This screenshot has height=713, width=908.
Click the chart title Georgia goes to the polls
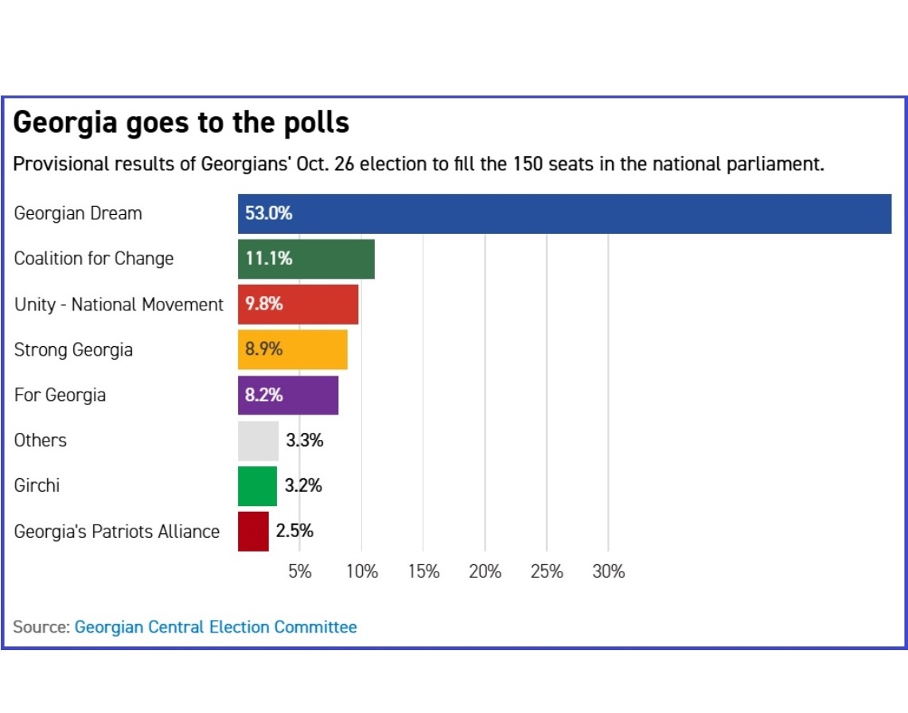[181, 123]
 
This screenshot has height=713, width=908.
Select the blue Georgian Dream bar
[564, 213]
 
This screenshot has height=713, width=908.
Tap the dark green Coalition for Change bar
[306, 259]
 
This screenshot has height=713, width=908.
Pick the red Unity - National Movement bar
[298, 304]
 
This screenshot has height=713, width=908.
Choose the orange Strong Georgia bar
[293, 349]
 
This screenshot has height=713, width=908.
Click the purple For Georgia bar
[288, 395]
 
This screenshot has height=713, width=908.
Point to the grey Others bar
[259, 441]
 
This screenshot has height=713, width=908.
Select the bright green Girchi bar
[258, 486]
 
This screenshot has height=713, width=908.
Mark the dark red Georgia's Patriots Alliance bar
[253, 532]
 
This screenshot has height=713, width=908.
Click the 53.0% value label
[268, 213]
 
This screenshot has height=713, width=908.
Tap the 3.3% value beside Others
[305, 441]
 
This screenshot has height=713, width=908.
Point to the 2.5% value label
[294, 532]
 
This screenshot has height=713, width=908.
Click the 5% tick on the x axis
[299, 571]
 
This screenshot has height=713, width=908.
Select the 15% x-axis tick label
[423, 571]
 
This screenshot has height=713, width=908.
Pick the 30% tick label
[609, 571]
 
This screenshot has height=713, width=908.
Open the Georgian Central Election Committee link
[216, 627]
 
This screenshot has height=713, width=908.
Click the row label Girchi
[37, 485]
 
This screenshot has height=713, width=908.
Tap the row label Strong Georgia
[73, 349]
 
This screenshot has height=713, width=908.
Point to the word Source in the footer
[40, 627]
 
